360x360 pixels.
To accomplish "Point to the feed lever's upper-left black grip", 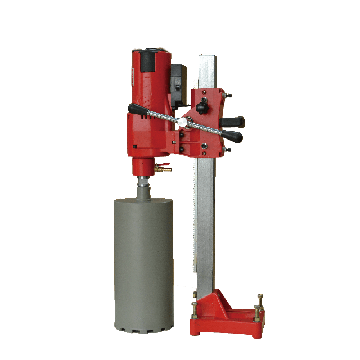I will pos(137,108).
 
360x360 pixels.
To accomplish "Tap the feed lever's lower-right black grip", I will pos(232,136).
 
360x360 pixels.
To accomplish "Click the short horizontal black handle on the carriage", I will pos(232,121).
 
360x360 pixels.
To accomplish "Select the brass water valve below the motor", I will pos(163,167).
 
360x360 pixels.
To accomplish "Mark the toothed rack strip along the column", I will pos(195,225).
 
